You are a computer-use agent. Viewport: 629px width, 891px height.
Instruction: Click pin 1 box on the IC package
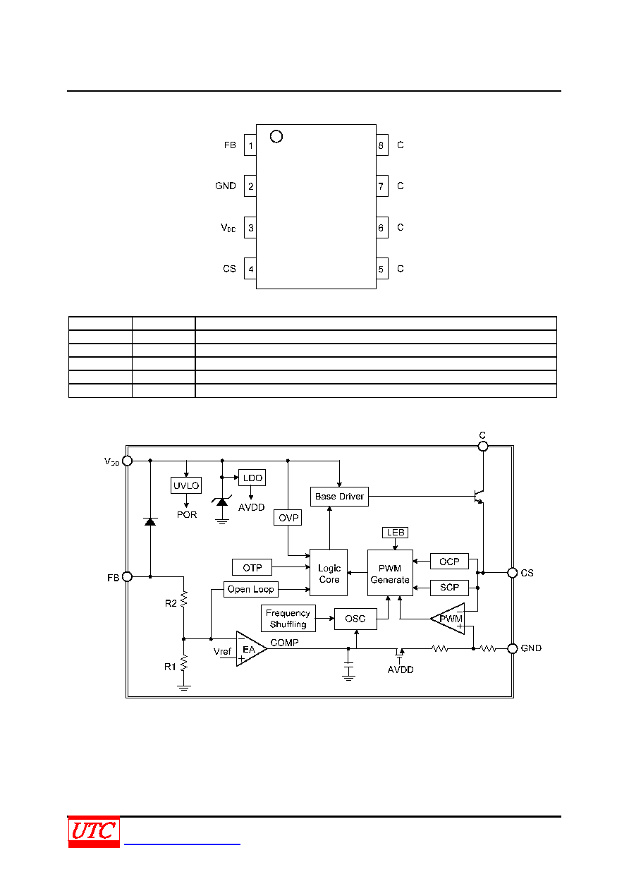coord(250,145)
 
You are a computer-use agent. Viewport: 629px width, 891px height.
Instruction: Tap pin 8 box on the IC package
coord(381,145)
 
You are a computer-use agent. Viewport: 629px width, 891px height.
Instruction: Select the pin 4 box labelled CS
coord(250,269)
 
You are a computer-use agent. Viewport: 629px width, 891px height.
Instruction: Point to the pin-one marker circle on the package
coord(276,136)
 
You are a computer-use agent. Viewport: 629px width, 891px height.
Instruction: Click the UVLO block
coord(186,485)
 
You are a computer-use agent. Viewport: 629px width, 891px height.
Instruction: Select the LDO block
coord(252,478)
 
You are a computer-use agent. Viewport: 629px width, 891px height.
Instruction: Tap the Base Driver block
coord(339,497)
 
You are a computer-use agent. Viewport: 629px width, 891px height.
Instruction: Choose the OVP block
coord(288,518)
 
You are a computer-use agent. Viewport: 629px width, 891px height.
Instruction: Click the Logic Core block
coord(329,572)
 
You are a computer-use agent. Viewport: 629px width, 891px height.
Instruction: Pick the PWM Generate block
coord(390,573)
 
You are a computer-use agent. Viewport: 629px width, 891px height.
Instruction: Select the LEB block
coord(395,532)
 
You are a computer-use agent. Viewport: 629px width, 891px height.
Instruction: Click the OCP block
coord(449,562)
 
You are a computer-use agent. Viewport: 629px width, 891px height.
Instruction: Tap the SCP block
coord(449,588)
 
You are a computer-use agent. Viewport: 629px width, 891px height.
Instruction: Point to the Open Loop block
coord(251,589)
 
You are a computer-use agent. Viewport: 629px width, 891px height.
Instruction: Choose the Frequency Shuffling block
coord(288,618)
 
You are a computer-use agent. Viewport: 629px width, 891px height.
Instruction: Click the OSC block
coord(355,619)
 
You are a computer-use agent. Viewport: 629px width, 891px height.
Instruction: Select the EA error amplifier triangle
coord(250,649)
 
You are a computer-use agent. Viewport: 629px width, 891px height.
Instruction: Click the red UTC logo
coord(94,832)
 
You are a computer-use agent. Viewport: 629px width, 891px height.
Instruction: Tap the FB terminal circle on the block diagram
coord(127,576)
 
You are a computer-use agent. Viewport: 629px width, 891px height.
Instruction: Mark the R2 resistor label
coord(171,603)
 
